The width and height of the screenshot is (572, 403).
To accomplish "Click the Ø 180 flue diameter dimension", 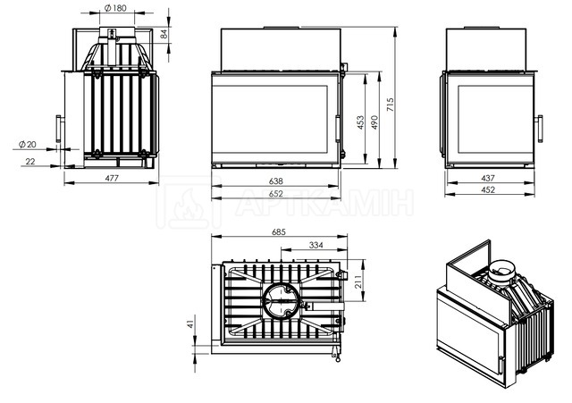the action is (115, 8).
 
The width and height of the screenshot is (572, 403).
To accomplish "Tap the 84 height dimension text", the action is (164, 34).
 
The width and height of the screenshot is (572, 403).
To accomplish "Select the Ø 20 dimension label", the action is (28, 145).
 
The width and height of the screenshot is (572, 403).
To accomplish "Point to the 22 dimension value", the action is (29, 161).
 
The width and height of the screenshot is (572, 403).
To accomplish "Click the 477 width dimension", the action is (112, 178).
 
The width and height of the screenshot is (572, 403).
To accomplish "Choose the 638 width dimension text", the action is (276, 181).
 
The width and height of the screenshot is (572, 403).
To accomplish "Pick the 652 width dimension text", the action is (276, 194).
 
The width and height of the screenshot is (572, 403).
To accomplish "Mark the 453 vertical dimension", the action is (360, 122).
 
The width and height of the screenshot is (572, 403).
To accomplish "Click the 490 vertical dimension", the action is (374, 122).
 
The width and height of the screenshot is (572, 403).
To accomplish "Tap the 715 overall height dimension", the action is (391, 105).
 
